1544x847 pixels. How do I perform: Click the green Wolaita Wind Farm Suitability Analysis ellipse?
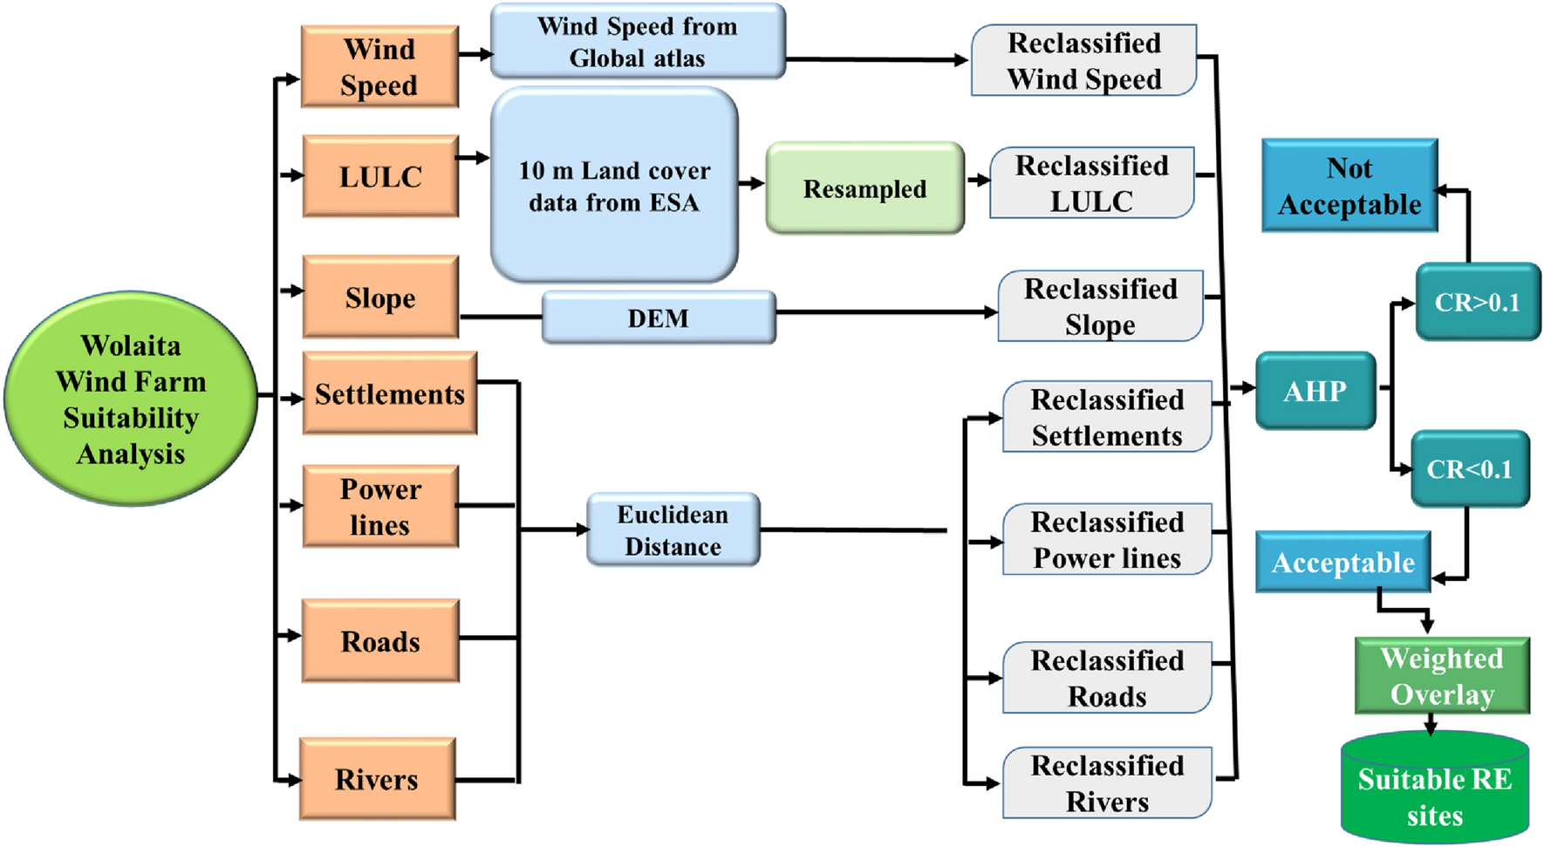(131, 399)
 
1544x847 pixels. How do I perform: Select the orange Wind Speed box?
(379, 67)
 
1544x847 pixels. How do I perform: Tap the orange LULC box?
(379, 176)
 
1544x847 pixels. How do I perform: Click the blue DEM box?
(659, 318)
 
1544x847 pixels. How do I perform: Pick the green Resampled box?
(864, 188)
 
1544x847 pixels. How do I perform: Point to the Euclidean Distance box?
(673, 530)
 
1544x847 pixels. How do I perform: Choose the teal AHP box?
(1315, 391)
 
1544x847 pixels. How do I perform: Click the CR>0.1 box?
(1477, 302)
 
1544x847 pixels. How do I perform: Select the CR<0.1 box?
(1469, 469)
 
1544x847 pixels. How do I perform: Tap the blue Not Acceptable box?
(1349, 186)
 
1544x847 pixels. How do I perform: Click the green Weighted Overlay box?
(1441, 676)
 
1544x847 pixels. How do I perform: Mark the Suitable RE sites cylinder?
(1434, 789)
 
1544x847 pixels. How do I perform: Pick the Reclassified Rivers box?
(1107, 782)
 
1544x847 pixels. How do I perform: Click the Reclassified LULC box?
(1091, 183)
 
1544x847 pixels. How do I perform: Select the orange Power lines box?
(379, 507)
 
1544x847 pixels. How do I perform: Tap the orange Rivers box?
(377, 779)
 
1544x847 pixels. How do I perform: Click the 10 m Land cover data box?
(614, 186)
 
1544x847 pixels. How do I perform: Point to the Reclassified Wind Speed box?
(1083, 60)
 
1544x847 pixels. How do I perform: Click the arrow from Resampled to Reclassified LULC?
(978, 181)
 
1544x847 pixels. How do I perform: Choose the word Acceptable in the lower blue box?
(1342, 563)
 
